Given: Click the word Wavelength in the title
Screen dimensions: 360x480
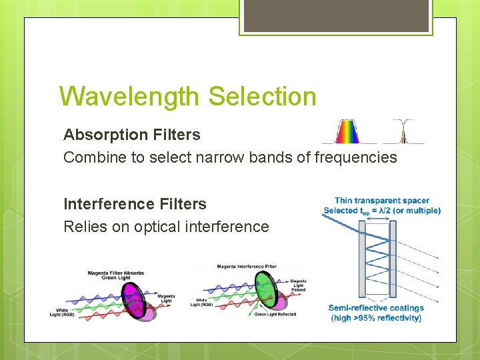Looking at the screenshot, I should [130, 97].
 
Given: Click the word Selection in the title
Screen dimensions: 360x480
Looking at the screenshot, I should [262, 97].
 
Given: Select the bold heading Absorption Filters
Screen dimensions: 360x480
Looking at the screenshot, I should [131, 135].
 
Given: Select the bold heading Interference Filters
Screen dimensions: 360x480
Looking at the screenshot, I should [135, 204].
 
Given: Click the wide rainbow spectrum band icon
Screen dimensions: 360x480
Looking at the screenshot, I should [345, 132].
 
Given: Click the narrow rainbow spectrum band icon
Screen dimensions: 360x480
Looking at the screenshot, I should [403, 132].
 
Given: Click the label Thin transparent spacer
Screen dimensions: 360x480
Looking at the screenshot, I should [382, 201].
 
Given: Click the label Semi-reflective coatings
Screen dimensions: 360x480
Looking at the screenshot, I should [375, 308].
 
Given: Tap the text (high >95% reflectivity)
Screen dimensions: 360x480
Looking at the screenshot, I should [375, 318].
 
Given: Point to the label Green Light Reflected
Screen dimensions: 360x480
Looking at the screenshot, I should [275, 314].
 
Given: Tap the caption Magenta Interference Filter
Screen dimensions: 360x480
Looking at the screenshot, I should [246, 267].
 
